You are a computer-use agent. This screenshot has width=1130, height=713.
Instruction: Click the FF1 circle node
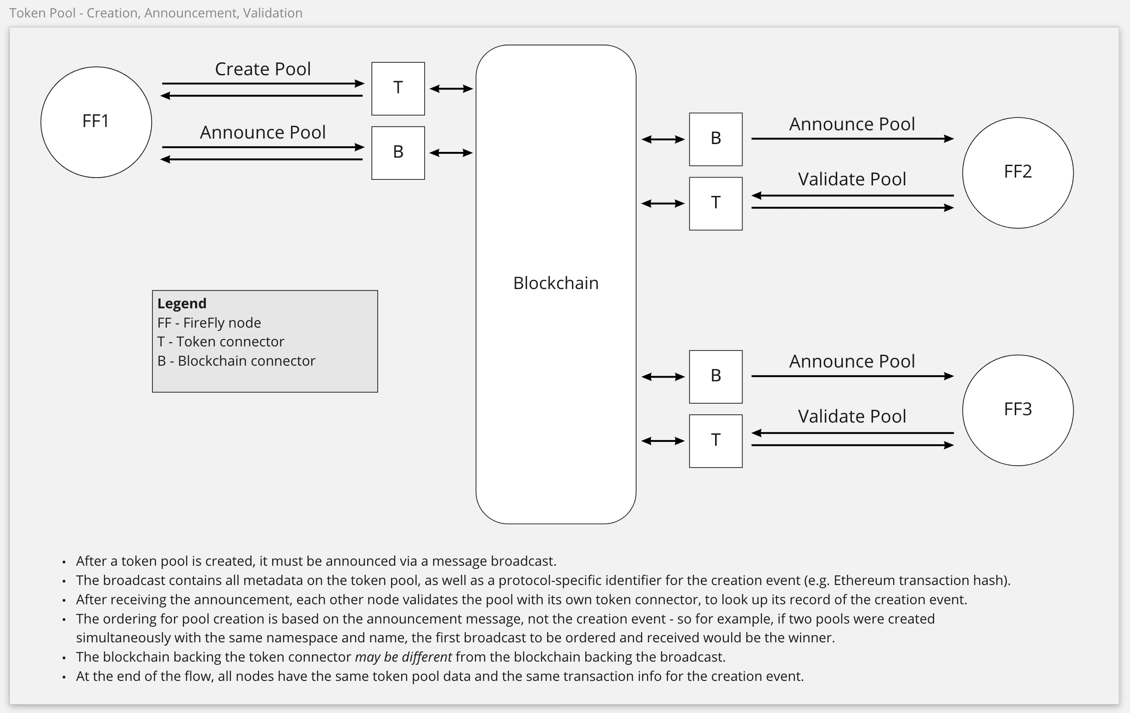coord(96,122)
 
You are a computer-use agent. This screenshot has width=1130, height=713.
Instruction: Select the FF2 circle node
coord(1018,173)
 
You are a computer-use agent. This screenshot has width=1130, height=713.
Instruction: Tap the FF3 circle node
coord(1018,410)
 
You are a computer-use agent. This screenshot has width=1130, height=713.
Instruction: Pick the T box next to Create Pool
coord(398,88)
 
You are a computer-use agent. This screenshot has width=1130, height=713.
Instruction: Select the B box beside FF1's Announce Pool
coord(398,152)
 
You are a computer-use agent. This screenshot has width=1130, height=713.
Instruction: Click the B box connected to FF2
coord(715,139)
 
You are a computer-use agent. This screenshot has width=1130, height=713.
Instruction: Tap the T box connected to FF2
coord(715,203)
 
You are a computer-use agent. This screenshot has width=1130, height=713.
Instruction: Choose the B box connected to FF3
coord(715,376)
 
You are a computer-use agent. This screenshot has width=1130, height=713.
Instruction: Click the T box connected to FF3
coord(715,440)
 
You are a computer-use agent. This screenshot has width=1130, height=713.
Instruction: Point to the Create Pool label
coord(263,69)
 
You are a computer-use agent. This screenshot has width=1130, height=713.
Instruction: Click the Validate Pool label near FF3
coord(852,416)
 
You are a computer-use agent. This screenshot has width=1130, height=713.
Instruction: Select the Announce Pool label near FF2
coord(852,124)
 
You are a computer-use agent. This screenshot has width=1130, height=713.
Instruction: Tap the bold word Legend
coord(182,303)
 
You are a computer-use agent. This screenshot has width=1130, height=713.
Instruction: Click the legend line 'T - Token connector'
coord(221,341)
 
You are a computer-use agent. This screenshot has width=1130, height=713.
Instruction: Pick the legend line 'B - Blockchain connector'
coord(236,361)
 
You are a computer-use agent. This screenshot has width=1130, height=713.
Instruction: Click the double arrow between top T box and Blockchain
coord(451,88)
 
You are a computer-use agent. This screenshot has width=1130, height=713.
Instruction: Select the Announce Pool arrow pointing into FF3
coord(852,376)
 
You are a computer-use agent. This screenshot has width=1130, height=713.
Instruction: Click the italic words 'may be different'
coord(403,657)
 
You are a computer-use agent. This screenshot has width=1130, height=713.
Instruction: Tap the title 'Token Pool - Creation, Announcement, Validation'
coord(156,13)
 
